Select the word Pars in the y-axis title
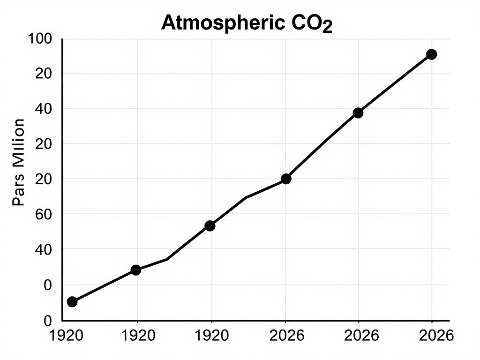click(19, 192)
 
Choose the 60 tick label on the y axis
click(43, 214)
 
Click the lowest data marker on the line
click(72, 301)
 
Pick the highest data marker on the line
click(432, 54)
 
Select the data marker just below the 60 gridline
click(210, 225)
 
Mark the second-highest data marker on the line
click(358, 112)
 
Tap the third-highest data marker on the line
click(286, 179)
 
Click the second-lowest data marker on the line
click(136, 270)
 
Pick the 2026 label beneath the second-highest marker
click(361, 336)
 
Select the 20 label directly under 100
click(43, 74)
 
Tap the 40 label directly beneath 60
click(43, 249)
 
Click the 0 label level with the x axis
click(47, 321)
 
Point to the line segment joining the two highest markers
click(395, 83)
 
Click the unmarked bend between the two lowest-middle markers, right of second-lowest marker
click(167, 259)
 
